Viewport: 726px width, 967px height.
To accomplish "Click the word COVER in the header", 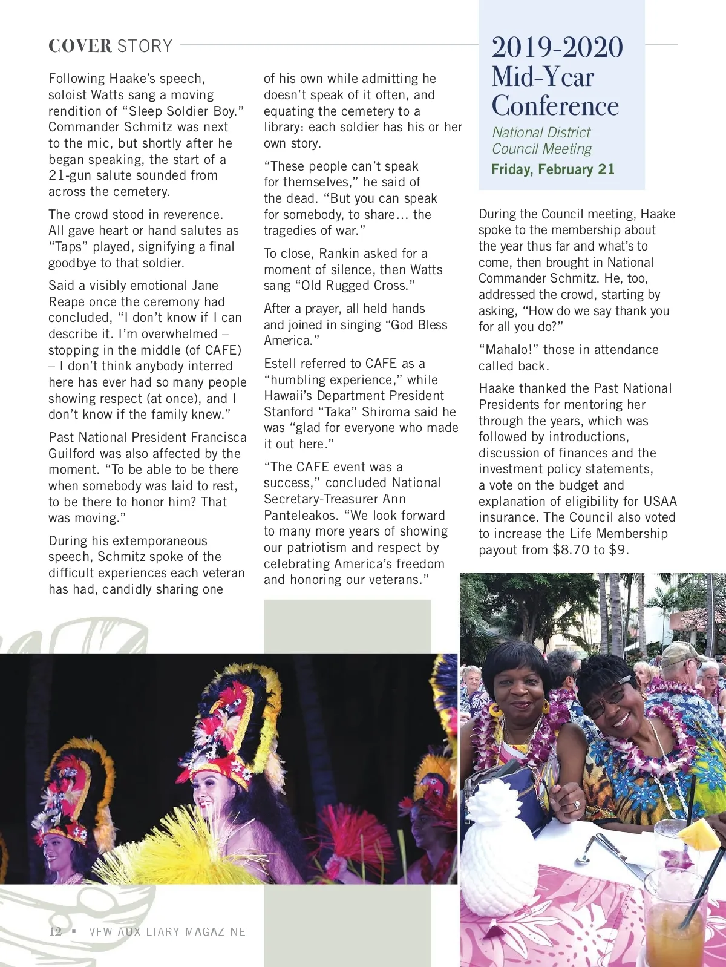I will (80, 46).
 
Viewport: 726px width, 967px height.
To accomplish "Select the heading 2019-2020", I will (557, 48).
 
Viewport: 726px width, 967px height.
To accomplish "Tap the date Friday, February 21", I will (552, 169).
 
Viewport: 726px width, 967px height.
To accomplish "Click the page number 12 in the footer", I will (55, 931).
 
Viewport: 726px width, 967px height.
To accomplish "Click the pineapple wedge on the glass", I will (700, 833).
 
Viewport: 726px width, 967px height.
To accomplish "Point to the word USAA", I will (660, 502).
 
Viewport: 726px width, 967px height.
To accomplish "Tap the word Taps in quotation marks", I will (68, 247).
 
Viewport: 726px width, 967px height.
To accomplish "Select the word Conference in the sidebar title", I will (555, 106).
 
